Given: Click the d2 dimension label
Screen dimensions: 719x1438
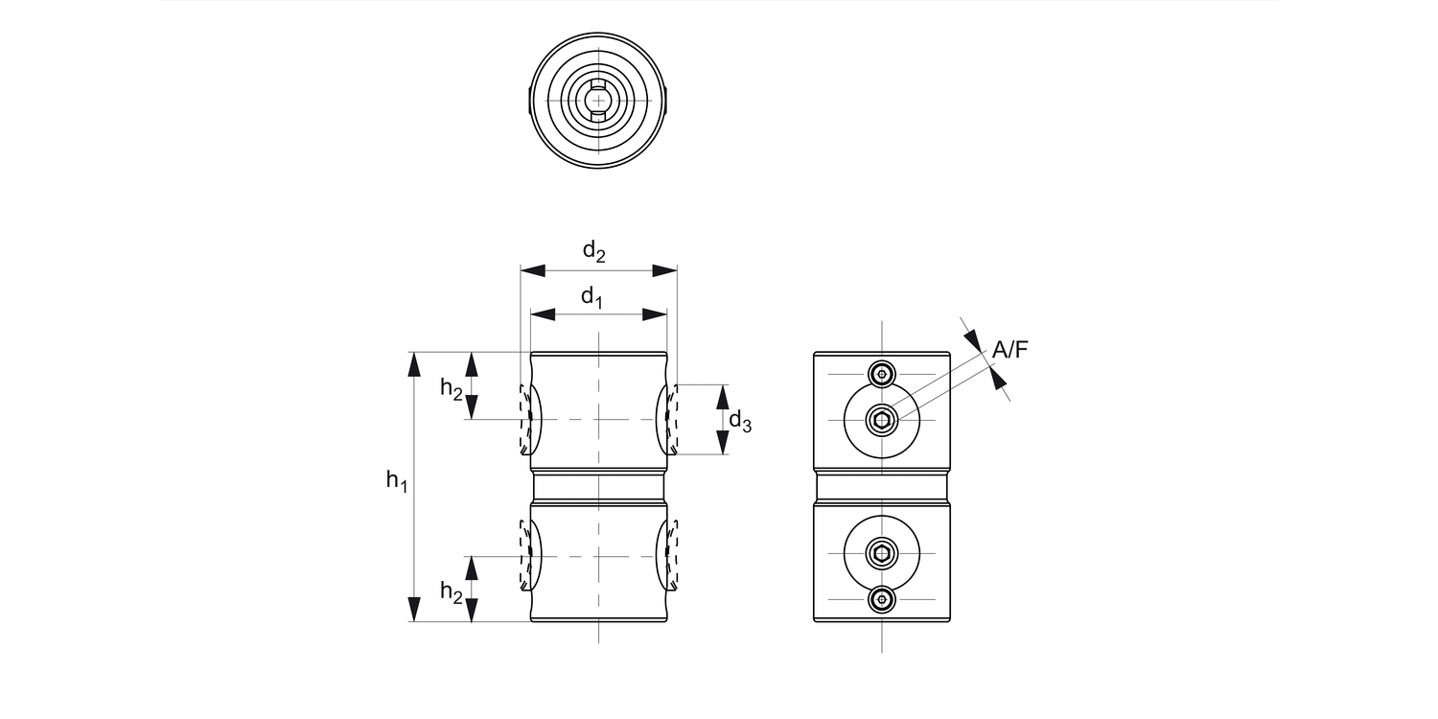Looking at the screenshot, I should (x=594, y=252).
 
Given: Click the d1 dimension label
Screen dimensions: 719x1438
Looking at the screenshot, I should (x=591, y=297).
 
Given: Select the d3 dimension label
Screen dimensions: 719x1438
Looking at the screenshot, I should (x=739, y=420).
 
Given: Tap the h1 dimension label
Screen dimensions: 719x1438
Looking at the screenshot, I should (x=397, y=481).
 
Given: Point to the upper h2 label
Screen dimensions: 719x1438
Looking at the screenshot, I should (x=452, y=387).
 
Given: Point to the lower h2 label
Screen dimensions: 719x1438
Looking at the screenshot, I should (x=452, y=592).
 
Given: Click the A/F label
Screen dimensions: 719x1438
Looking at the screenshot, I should (x=1009, y=351).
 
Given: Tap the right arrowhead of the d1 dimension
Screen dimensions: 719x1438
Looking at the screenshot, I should (x=656, y=313).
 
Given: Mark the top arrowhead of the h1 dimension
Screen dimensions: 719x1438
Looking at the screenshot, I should (x=414, y=364).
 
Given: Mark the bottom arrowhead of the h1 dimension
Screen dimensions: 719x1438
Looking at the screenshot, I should (x=414, y=609).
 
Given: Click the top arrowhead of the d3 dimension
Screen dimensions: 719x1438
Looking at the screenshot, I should (x=723, y=396).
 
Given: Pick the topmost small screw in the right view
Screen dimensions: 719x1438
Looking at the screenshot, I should (x=881, y=374).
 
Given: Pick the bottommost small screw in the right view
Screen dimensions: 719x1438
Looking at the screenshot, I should (x=881, y=599).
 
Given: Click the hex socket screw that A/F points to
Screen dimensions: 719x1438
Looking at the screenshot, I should (x=881, y=419).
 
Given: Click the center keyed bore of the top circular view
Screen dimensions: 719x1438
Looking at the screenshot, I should (x=598, y=100).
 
